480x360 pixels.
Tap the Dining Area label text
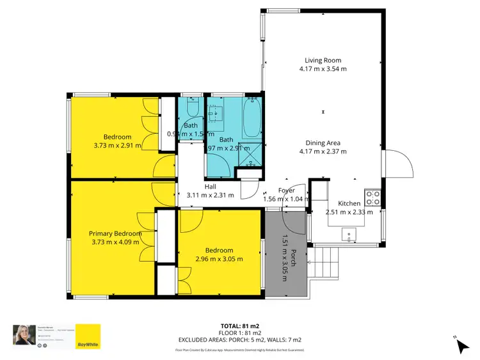pos(323,143)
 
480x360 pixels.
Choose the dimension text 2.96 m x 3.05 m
pos(220,259)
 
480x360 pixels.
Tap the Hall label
pos(210,187)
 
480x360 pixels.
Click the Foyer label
pos(286,191)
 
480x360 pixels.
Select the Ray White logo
pos(88,337)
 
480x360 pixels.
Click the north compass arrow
pos(463,346)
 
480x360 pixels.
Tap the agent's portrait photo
pos(22,335)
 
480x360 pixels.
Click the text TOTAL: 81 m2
pos(240,325)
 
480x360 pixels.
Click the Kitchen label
pos(349,203)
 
